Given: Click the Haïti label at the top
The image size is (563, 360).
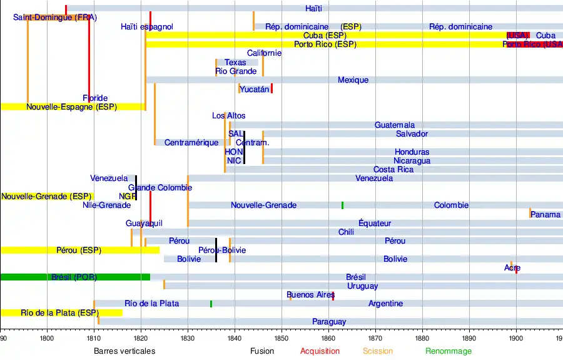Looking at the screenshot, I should click(314, 8).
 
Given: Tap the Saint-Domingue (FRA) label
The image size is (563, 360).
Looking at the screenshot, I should click(55, 18).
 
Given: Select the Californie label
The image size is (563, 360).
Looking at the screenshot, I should click(264, 53).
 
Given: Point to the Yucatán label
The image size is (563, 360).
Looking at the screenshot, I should click(254, 90).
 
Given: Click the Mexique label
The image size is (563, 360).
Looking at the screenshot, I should click(353, 80).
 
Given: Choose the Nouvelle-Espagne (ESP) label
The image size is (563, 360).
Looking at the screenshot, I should click(71, 107).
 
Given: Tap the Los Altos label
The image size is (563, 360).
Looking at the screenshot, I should click(228, 116).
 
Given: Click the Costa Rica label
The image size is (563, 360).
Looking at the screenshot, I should click(393, 170).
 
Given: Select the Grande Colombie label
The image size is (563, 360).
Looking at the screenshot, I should click(156, 188).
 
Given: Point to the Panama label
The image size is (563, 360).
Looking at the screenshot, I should click(545, 215).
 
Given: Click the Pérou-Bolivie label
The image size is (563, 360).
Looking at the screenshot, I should click(221, 250).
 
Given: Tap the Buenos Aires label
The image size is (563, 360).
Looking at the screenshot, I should click(310, 295).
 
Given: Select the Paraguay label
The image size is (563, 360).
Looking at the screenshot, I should click(329, 322).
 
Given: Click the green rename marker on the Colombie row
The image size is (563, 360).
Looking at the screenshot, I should click(342, 205).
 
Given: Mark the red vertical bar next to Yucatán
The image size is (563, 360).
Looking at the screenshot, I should click(271, 89).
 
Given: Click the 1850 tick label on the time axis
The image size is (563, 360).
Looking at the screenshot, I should click(281, 339).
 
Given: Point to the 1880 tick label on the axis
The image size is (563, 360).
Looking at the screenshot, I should click(422, 339).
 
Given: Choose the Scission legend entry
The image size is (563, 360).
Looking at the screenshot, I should click(378, 351).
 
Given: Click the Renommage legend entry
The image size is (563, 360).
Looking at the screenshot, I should click(449, 351).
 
